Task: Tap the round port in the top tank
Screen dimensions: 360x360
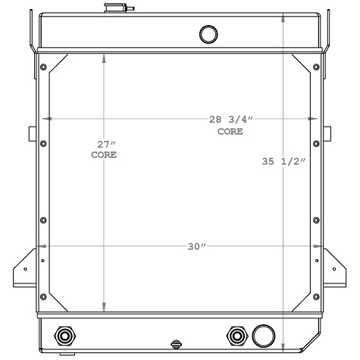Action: click(x=207, y=33)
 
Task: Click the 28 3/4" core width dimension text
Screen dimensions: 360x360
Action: click(x=230, y=125)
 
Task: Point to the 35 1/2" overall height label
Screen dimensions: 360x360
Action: click(x=283, y=161)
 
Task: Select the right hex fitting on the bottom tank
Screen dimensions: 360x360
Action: click(x=236, y=335)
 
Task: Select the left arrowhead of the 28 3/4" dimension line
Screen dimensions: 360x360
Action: click(x=46, y=118)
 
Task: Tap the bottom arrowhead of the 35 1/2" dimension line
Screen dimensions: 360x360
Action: click(x=283, y=348)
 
